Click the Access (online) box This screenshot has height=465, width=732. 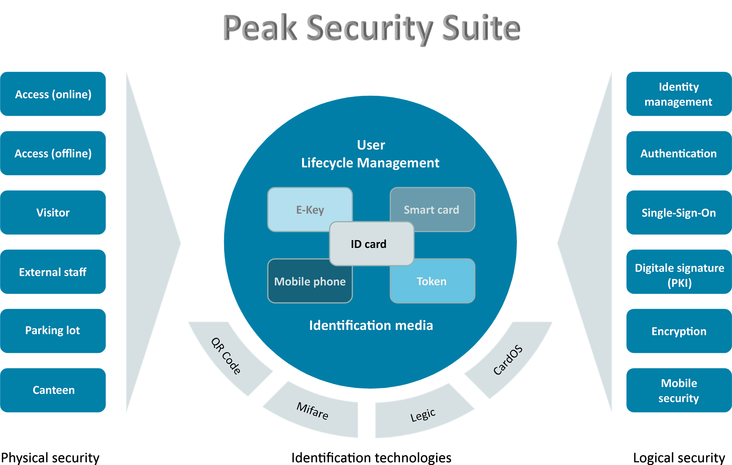(53, 94)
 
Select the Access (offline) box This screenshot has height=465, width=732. (53, 153)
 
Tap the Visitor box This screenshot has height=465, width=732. (53, 213)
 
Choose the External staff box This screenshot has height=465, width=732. (53, 272)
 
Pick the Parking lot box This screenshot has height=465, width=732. (53, 331)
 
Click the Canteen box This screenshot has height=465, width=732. (53, 390)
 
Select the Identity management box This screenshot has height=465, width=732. (678, 94)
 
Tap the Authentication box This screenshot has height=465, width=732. (678, 153)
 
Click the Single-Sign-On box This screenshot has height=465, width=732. (678, 213)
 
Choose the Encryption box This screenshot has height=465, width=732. (678, 331)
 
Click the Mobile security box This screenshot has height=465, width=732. (678, 390)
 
